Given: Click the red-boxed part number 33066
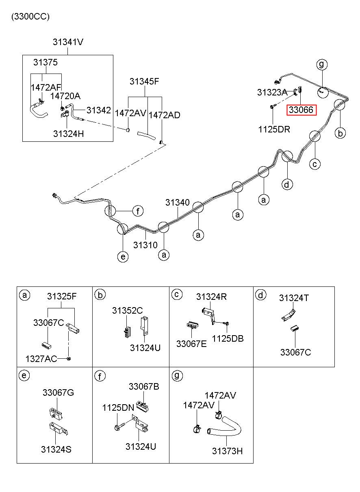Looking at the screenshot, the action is (x=301, y=110).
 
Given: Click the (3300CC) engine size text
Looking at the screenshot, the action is (x=30, y=17).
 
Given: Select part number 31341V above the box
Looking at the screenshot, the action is (x=68, y=42).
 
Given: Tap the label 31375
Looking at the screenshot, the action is (x=46, y=63).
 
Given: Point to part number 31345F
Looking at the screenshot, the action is (x=144, y=82).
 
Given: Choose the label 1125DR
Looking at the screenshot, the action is (x=274, y=129).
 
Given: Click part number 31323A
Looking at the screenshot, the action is (x=272, y=93).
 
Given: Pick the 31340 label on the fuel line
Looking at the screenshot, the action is (x=177, y=202).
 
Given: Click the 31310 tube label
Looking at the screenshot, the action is (x=145, y=245).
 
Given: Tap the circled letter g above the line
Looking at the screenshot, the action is (x=322, y=64).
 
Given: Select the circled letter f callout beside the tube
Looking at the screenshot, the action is (x=138, y=211).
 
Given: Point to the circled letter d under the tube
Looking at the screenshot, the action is (x=287, y=184).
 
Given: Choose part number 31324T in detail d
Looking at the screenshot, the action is (x=294, y=298).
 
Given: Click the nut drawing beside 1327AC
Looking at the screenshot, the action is (x=69, y=359).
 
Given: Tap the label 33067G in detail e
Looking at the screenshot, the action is (x=58, y=392).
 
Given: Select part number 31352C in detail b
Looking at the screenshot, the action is (x=128, y=310).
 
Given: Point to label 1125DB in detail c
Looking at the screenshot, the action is (x=228, y=339).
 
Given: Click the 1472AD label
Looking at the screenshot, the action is (x=165, y=115).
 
